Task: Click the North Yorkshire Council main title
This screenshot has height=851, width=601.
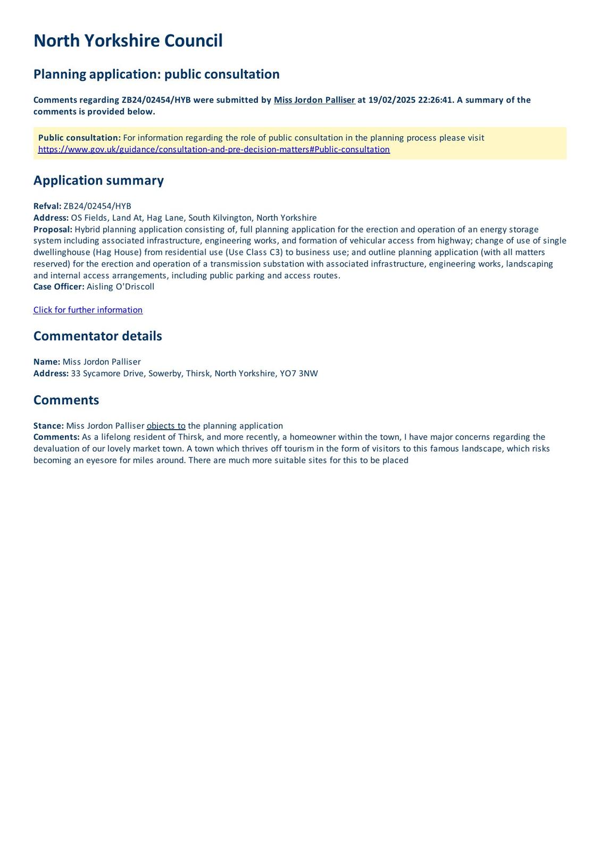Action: pyautogui.click(x=128, y=41)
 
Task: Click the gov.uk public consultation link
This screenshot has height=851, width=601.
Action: pyautogui.click(x=214, y=149)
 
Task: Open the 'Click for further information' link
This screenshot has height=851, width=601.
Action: pyautogui.click(x=88, y=310)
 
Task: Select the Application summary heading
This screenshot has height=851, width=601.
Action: pyautogui.click(x=98, y=180)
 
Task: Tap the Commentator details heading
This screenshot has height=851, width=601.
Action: pyautogui.click(x=97, y=336)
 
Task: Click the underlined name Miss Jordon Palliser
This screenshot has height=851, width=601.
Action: pyautogui.click(x=314, y=100)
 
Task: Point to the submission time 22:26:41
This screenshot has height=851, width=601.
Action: pyautogui.click(x=436, y=100)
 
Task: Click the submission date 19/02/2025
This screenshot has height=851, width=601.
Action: pyautogui.click(x=391, y=100)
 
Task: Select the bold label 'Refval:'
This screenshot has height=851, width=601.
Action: pyautogui.click(x=47, y=206)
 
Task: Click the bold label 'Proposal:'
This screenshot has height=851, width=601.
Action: pyautogui.click(x=53, y=229)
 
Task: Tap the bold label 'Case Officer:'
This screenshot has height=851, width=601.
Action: pyautogui.click(x=59, y=287)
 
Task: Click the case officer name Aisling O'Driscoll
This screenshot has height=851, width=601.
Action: pyautogui.click(x=121, y=287)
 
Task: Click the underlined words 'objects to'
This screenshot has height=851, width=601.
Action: pyautogui.click(x=166, y=426)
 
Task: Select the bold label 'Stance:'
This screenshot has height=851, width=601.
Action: pyautogui.click(x=48, y=426)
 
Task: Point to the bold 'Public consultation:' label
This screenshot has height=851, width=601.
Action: pyautogui.click(x=79, y=138)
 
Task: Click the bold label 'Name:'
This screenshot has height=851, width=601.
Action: pyautogui.click(x=47, y=362)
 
